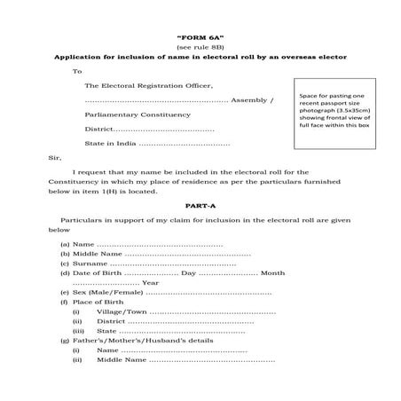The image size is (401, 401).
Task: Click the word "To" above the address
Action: [77, 71]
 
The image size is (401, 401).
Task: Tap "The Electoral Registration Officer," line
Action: [148, 86]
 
